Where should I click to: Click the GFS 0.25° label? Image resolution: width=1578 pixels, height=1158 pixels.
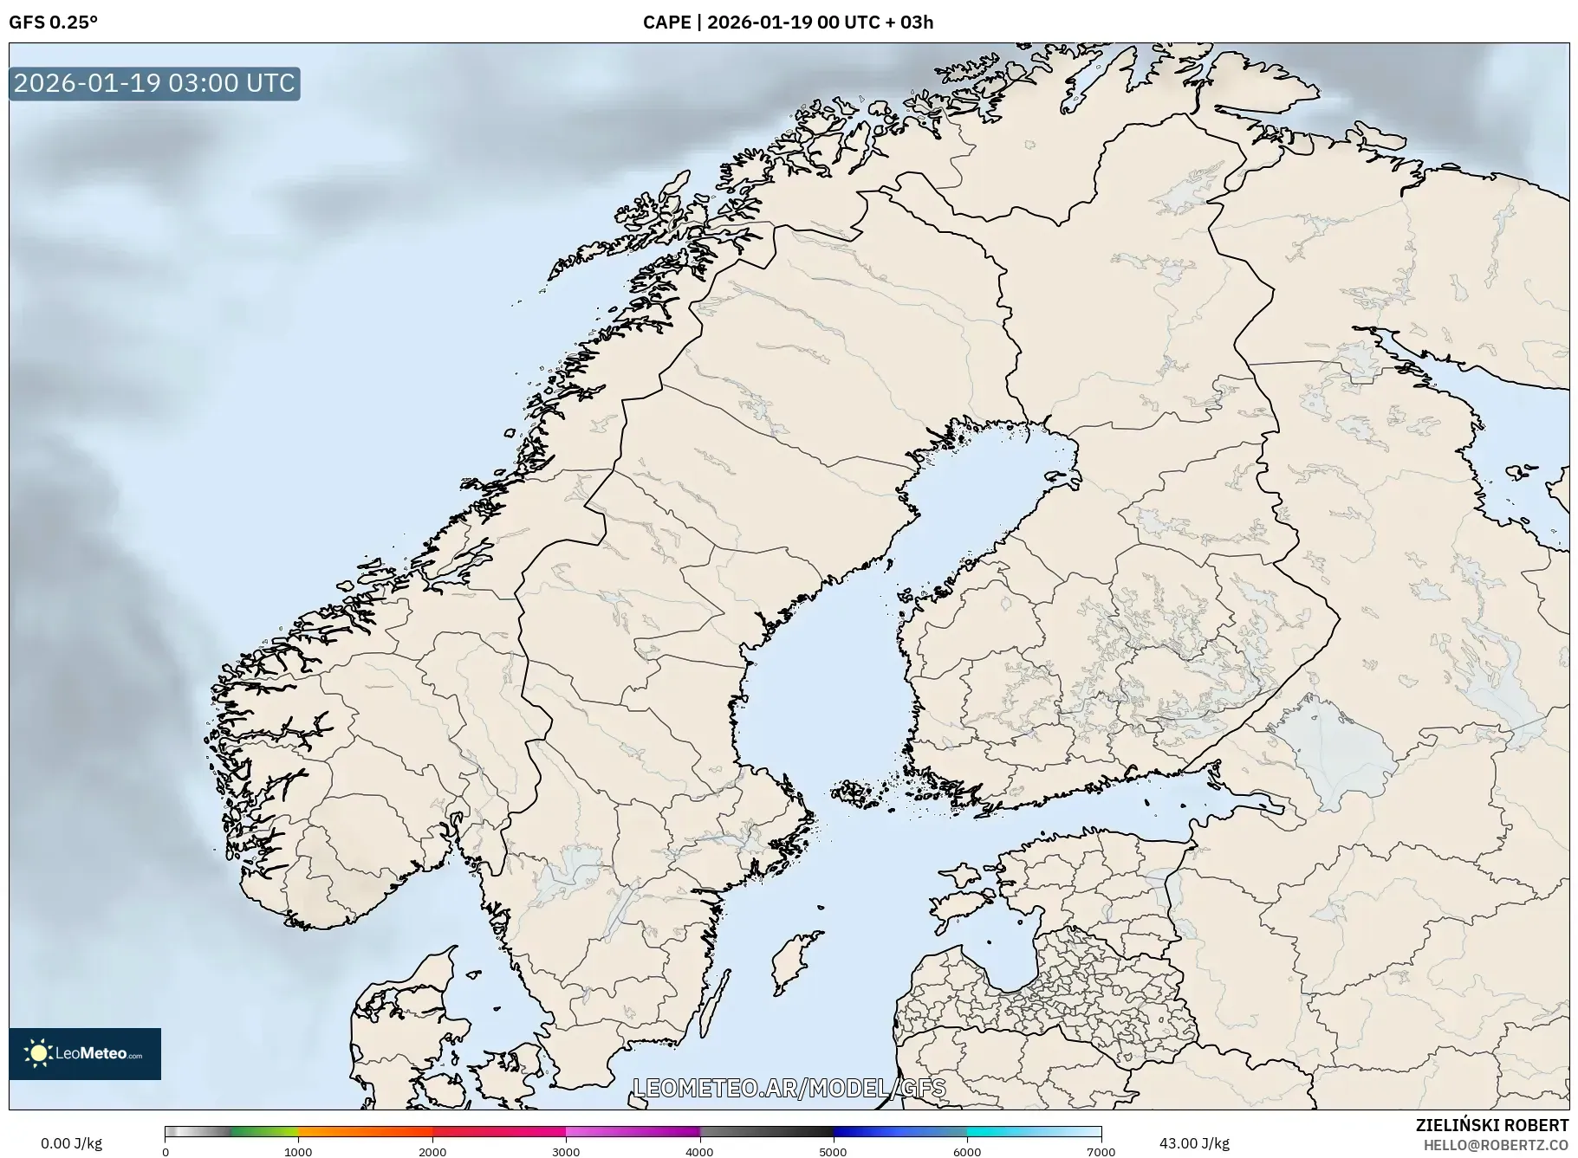(53, 23)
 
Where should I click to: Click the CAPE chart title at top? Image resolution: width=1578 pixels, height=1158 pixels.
(788, 23)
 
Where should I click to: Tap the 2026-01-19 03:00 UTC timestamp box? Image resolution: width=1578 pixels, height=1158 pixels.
(154, 83)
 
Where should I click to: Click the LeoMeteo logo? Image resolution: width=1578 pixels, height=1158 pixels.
(85, 1053)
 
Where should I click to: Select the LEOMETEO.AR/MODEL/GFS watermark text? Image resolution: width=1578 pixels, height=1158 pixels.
(789, 1088)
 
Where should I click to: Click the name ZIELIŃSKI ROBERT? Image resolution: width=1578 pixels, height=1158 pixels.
(1491, 1125)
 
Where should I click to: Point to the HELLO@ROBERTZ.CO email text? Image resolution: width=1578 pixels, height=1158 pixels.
(1496, 1145)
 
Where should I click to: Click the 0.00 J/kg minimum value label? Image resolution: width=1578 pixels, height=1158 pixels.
(71, 1143)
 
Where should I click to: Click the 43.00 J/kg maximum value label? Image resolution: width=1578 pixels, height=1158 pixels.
(1194, 1143)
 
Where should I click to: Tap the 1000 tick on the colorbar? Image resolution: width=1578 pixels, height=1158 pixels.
(299, 1151)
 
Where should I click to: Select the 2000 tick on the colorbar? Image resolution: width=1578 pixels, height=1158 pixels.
(432, 1151)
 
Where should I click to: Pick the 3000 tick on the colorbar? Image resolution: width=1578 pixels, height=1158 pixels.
(566, 1151)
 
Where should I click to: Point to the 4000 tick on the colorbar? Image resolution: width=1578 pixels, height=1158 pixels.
(699, 1151)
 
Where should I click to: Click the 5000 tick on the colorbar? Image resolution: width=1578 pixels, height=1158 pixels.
(834, 1151)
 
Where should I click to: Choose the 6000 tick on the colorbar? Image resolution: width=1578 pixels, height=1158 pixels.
(967, 1151)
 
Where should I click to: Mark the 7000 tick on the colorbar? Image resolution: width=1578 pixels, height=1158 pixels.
(1101, 1151)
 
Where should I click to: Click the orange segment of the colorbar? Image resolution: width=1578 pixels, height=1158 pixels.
(364, 1131)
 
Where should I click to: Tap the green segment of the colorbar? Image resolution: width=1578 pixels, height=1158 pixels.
(264, 1131)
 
